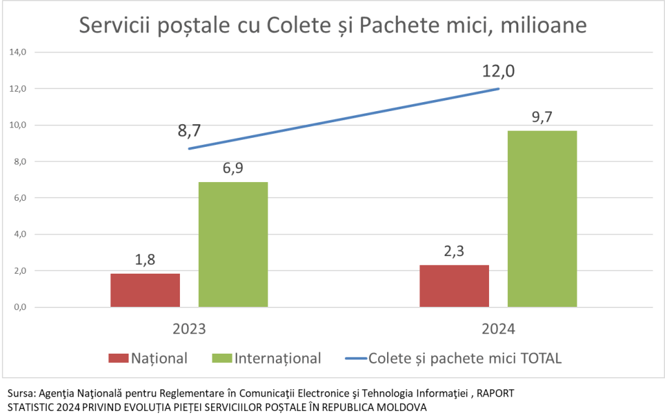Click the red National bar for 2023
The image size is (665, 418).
click(x=145, y=290)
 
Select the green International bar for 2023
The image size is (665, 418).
click(x=233, y=244)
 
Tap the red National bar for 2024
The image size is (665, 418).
click(x=454, y=285)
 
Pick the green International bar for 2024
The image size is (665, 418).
click(x=542, y=218)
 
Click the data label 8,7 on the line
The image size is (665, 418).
click(x=190, y=131)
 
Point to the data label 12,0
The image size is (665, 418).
click(x=498, y=71)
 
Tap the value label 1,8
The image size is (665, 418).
click(x=145, y=260)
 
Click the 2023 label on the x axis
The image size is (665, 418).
click(x=189, y=328)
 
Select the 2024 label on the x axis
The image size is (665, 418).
click(x=498, y=328)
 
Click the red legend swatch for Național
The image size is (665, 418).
click(x=118, y=358)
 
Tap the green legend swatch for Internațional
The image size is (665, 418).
click(x=221, y=358)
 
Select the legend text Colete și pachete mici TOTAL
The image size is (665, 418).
click(x=464, y=358)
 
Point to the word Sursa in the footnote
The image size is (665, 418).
click(x=19, y=394)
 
